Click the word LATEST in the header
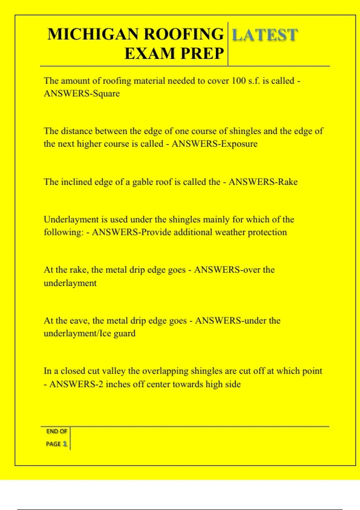tap(265, 35)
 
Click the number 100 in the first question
tap(239, 81)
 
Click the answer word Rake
tap(288, 182)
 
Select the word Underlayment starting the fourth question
tap(71, 220)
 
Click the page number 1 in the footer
tap(64, 444)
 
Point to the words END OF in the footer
tap(56, 431)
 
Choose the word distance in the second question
tap(76, 131)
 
